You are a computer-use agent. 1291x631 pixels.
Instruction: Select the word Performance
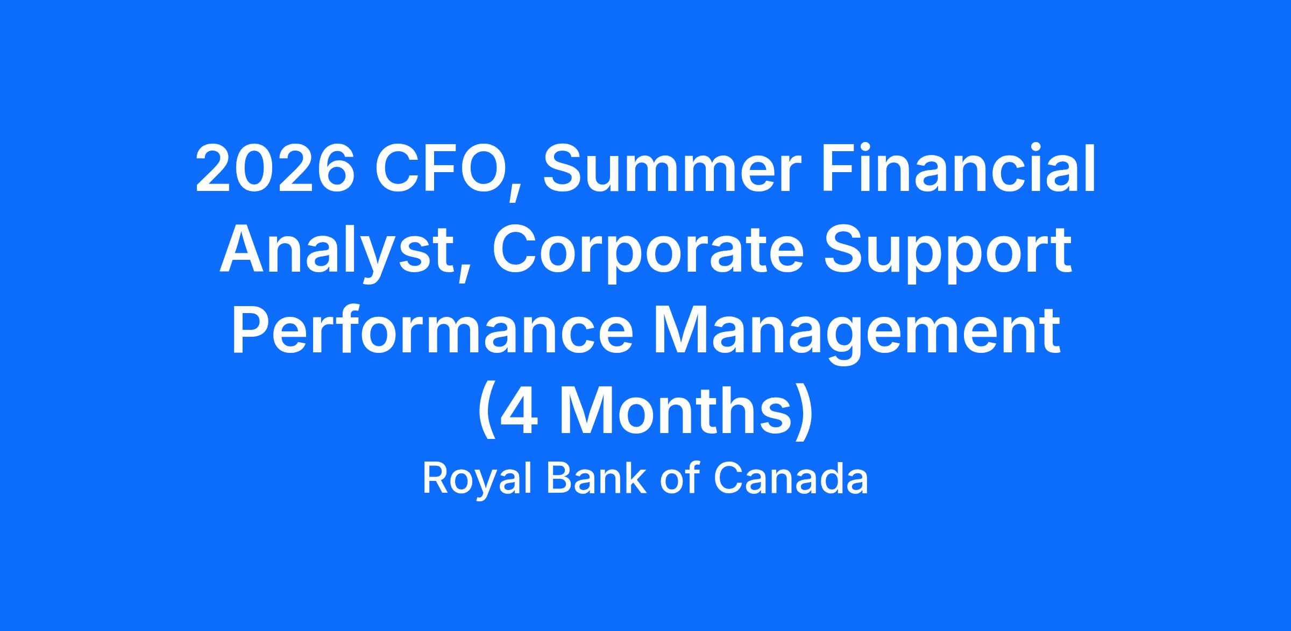[x=432, y=332]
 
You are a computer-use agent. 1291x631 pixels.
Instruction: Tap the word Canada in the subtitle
[x=791, y=478]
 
